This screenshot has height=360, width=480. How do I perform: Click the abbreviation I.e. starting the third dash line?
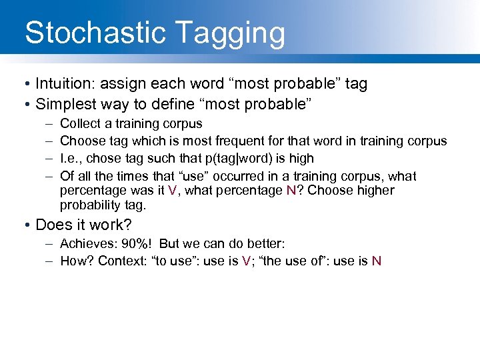pyautogui.click(x=69, y=159)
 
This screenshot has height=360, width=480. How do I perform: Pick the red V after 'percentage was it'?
pyautogui.click(x=173, y=191)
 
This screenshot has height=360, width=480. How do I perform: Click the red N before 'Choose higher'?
pyautogui.click(x=291, y=191)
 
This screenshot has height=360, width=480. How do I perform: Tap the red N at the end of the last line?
pyautogui.click(x=377, y=261)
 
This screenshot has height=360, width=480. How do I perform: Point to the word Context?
pyautogui.click(x=122, y=261)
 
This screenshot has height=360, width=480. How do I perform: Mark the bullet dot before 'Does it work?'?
pyautogui.click(x=23, y=225)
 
